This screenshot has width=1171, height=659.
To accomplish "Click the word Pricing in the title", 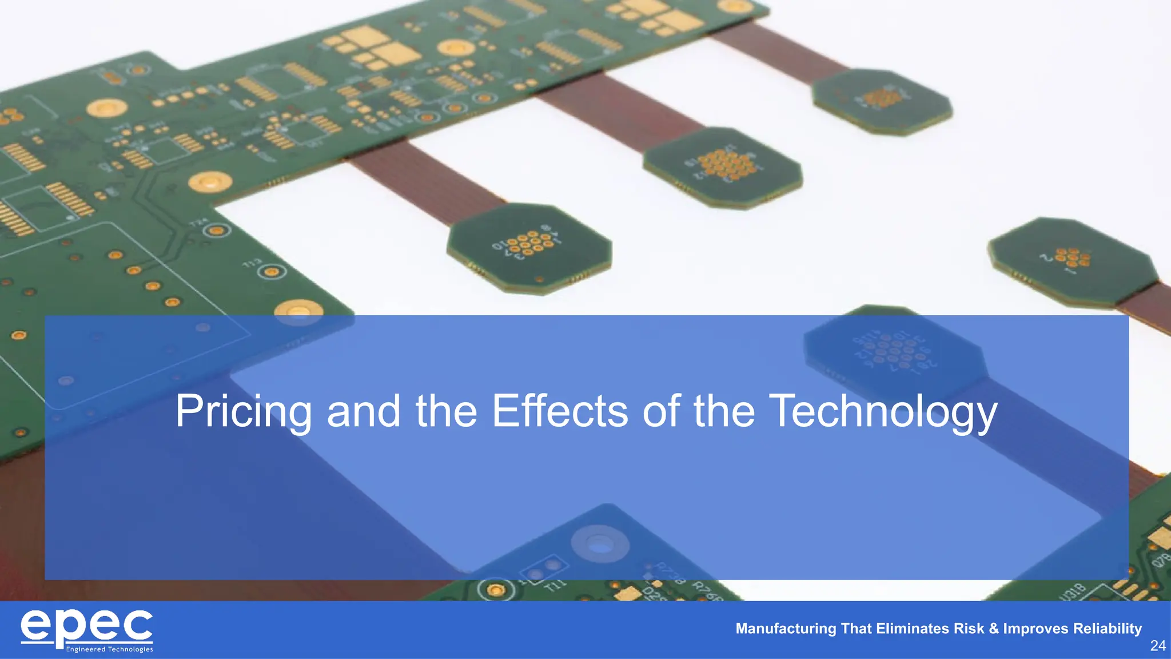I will click(244, 412).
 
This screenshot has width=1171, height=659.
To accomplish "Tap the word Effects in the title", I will click(560, 411).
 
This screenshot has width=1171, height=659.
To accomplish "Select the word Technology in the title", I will click(883, 412).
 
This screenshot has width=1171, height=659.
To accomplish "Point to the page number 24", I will click(1157, 646).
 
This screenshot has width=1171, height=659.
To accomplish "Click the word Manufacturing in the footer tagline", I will click(786, 629).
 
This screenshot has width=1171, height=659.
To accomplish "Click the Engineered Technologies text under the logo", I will click(109, 649).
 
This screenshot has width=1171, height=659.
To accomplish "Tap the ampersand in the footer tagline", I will click(994, 629).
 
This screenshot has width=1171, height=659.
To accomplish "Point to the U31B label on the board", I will click(1073, 593).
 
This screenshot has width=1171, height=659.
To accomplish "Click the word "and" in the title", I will click(363, 411).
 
